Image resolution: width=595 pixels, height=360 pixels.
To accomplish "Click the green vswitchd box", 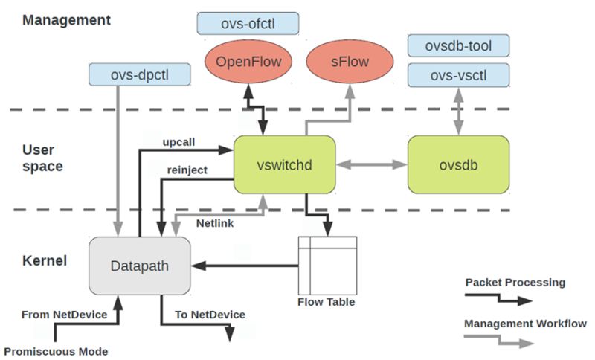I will click(284, 164).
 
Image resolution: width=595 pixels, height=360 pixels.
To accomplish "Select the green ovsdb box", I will click(457, 164).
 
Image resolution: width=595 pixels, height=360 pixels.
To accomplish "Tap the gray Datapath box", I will click(139, 265).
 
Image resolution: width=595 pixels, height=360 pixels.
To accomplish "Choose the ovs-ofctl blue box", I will click(248, 22).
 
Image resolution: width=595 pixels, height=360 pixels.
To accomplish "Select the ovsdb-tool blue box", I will click(458, 45).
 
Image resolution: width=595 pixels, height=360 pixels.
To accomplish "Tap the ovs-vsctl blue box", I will click(458, 74).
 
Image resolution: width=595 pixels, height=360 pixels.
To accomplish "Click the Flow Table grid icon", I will click(327, 265).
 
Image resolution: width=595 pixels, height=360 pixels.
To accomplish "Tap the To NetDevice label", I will click(210, 315).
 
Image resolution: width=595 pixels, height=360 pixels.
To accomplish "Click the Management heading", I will click(66, 20).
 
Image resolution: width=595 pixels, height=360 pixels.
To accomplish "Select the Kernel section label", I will click(45, 261).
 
